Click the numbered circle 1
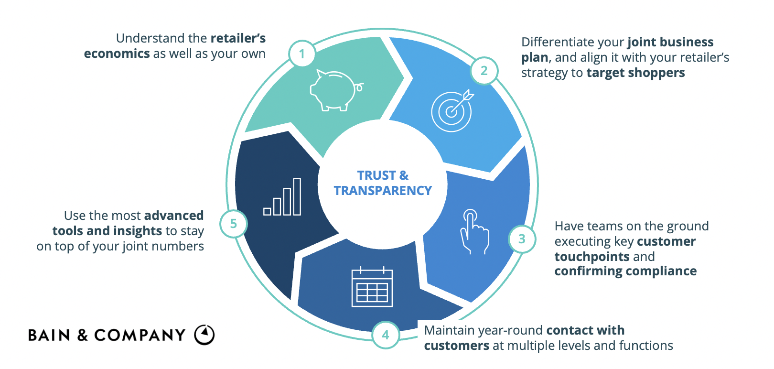[302, 54]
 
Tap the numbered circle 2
[484, 71]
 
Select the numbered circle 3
[522, 239]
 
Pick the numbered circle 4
[386, 335]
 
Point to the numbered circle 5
[234, 224]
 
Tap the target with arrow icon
[452, 111]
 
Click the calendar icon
[372, 287]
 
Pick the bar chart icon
[282, 197]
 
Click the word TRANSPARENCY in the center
[383, 191]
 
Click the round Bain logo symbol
[204, 335]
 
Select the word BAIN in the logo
[49, 335]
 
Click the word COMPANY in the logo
[140, 335]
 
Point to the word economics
[117, 54]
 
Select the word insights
[135, 231]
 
